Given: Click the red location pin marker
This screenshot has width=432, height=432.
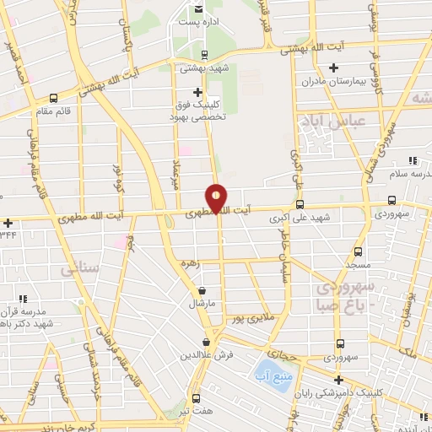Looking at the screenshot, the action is (x=217, y=197).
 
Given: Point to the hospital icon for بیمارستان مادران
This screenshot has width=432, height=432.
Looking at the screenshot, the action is (x=334, y=67).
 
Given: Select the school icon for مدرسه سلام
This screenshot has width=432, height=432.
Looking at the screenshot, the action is (x=412, y=160).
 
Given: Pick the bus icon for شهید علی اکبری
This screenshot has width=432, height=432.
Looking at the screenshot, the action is (x=300, y=204).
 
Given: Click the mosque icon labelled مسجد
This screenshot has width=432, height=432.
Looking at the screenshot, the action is (x=358, y=251).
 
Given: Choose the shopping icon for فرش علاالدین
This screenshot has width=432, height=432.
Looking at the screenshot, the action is (x=207, y=343).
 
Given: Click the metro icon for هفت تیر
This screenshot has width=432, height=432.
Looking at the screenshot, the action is (x=197, y=398).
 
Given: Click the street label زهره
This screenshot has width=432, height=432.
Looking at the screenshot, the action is (x=190, y=263).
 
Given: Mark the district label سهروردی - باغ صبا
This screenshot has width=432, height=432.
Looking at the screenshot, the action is (x=345, y=296).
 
